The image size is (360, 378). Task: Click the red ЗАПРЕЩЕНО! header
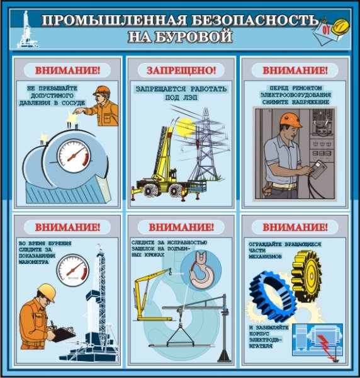[181, 69]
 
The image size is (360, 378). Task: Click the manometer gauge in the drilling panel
[73, 269]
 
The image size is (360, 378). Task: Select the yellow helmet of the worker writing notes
[46, 290]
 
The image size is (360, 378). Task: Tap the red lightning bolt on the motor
[323, 345]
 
